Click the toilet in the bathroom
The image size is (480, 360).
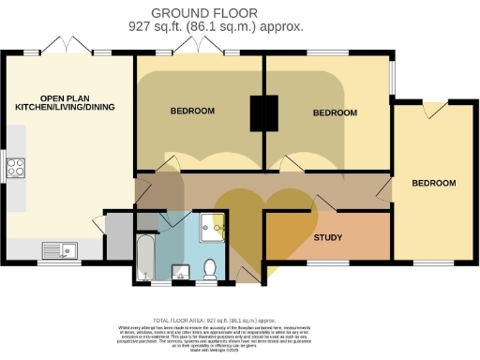pos(210,268)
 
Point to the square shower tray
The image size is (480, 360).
pos(214,228)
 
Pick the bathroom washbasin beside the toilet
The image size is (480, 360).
pos(182,273)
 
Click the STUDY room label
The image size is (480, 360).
pos(327,237)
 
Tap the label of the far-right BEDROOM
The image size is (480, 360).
pos(433,183)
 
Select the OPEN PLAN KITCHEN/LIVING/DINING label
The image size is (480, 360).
pos(65,103)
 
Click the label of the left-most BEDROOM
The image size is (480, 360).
pos(192,112)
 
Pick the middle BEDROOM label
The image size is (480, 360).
pos(335,112)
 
